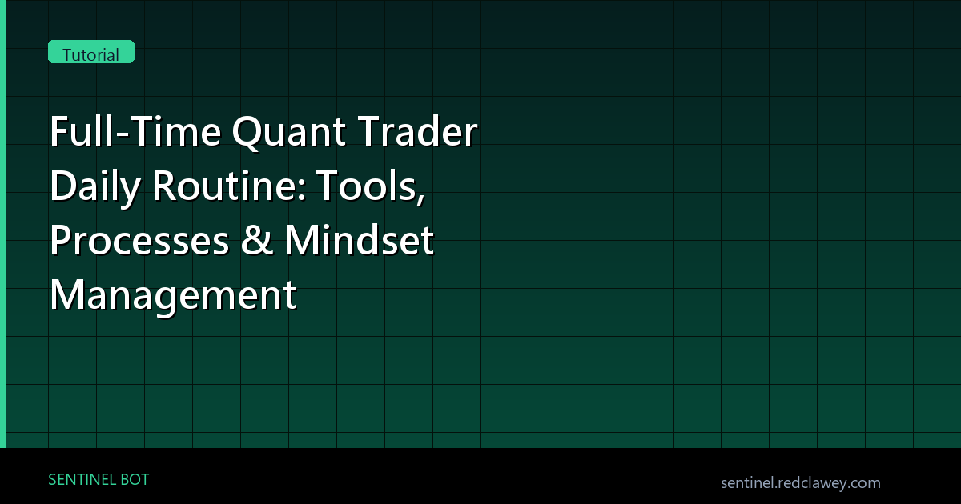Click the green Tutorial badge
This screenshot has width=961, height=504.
[x=91, y=54]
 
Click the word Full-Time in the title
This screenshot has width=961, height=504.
[x=134, y=133]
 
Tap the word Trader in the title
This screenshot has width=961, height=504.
[x=428, y=133]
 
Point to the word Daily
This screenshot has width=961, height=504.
[x=95, y=188]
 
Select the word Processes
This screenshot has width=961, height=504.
[x=139, y=242]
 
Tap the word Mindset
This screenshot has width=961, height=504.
[x=359, y=242]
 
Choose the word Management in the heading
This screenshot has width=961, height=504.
[x=172, y=296]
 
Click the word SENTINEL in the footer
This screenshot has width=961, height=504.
[x=81, y=480]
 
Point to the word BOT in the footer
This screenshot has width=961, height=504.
[x=134, y=480]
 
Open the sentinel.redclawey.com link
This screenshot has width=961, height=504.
[x=800, y=482]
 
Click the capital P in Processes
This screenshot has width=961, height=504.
[x=61, y=242]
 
